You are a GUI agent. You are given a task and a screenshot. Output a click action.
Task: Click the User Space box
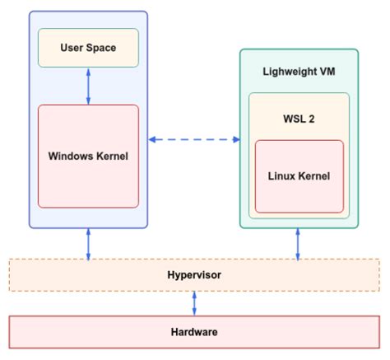(x=88, y=48)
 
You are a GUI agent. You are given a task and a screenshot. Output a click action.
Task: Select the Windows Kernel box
(x=88, y=156)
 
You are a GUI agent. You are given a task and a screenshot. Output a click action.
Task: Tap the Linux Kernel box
(x=299, y=175)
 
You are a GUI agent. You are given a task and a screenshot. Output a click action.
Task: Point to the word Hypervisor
(x=195, y=274)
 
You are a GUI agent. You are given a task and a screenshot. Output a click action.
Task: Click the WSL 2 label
(x=299, y=117)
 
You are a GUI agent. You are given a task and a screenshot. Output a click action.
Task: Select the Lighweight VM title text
(x=299, y=71)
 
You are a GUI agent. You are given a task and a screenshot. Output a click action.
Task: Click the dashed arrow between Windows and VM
(x=193, y=139)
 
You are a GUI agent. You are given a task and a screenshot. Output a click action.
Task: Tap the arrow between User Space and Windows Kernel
(x=88, y=86)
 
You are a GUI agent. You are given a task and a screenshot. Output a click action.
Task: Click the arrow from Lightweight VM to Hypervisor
(x=298, y=244)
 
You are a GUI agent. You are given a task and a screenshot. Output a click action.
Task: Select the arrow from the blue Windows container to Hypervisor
(x=88, y=244)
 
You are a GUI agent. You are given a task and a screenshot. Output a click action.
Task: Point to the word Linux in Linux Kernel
(x=281, y=175)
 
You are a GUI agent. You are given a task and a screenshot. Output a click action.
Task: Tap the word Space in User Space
(x=101, y=48)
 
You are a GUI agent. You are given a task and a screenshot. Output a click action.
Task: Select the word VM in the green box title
(x=328, y=71)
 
